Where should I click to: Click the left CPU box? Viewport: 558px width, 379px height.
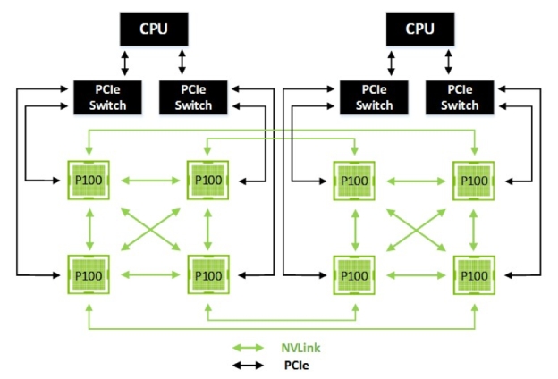(153, 29)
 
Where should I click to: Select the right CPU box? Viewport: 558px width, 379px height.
(419, 29)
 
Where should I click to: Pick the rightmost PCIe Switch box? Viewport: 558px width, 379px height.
(462, 97)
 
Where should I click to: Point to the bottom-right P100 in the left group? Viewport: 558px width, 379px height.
(207, 274)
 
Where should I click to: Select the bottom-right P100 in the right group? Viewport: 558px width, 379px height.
(474, 274)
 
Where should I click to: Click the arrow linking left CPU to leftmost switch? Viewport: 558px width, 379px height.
(125, 63)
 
